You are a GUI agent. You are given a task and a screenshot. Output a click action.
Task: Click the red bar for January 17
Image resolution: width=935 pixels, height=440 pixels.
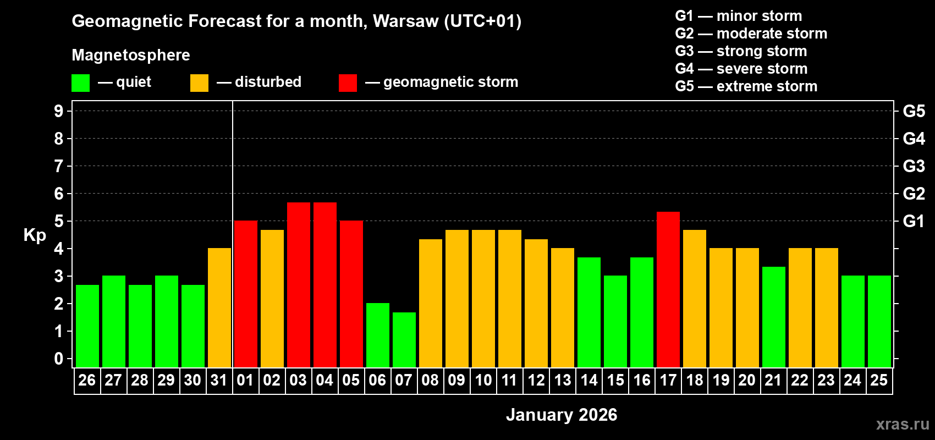pos(668,289)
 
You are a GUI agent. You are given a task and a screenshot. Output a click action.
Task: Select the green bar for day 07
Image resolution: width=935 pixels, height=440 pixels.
pos(404,339)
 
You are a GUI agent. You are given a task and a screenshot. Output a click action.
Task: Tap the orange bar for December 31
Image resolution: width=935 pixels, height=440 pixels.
pos(219,307)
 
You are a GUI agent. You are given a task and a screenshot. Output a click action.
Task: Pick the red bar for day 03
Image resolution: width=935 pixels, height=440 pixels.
pos(299,284)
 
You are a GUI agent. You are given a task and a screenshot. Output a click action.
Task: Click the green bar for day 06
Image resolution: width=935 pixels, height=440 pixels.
pos(378,335)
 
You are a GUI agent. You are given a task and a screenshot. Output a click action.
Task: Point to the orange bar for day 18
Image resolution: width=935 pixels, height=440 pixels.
pos(695,298)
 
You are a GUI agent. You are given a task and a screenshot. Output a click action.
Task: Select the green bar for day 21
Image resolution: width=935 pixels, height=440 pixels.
pos(774,317)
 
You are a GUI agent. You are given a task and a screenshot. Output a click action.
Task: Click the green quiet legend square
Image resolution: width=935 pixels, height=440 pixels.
pos(80,83)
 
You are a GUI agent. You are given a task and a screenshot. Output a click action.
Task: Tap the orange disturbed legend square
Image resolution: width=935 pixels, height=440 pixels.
pos(199,83)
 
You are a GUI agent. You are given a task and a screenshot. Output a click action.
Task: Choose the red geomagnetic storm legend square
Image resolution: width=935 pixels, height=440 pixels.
pos(348,83)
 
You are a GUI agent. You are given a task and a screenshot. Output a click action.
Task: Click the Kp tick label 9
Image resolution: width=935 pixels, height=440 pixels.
pos(59,111)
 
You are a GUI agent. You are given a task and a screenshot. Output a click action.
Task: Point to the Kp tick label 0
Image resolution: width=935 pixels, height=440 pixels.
pos(59,359)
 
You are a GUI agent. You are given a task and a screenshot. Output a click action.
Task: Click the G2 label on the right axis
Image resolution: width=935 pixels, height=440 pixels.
pos(914,194)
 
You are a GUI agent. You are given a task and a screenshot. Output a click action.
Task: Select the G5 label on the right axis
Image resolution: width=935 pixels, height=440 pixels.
pos(914,111)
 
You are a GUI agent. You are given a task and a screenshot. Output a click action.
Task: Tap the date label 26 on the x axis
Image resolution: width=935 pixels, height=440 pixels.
pos(87,380)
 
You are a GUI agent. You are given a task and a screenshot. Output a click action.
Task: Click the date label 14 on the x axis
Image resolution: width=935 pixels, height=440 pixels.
pos(589,380)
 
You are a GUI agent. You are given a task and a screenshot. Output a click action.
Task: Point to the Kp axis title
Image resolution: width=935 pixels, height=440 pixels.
pos(35,235)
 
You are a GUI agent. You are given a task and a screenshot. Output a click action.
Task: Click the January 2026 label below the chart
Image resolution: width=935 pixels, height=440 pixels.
pos(562,415)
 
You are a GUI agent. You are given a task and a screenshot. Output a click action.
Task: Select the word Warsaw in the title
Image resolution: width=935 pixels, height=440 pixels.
pos(406,21)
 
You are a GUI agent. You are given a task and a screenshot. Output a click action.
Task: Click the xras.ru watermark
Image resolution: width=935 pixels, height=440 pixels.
pos(903,424)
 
